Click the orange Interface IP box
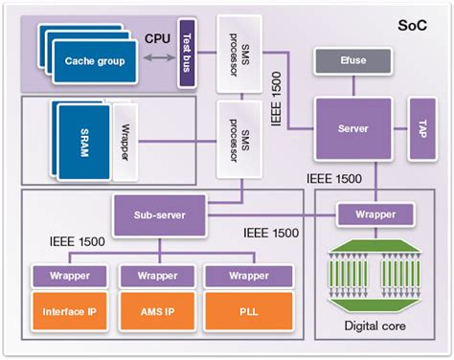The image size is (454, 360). [70, 313]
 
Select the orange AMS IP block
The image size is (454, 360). [157, 313]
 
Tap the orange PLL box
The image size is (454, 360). [244, 313]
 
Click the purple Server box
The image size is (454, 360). [354, 128]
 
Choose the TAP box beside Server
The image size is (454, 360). [423, 128]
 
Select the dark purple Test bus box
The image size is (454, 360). [188, 56]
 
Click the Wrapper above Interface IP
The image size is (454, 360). [70, 276]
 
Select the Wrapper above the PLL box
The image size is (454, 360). [244, 276]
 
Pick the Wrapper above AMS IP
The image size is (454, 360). [157, 276]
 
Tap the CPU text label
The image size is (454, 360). [158, 39]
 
